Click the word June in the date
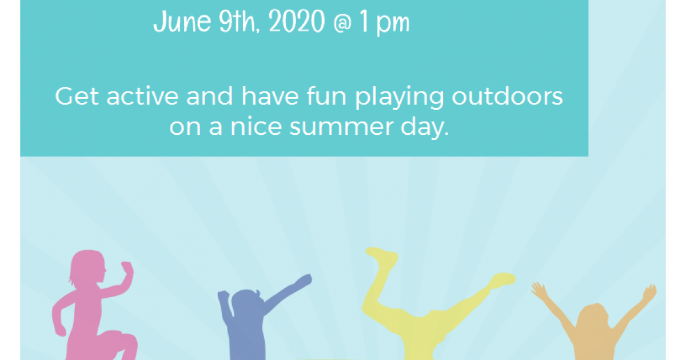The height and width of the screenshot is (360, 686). click(x=182, y=22)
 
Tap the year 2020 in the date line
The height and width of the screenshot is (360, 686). click(x=297, y=21)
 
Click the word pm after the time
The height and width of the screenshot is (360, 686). click(x=393, y=25)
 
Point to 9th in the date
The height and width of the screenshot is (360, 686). click(x=239, y=21)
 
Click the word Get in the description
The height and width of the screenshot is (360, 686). click(x=77, y=96)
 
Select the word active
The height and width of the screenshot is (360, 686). click(x=142, y=96)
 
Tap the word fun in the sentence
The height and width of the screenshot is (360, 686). click(x=328, y=95)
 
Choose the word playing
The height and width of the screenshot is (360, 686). click(x=400, y=98)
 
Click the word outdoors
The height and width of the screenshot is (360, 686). click(x=507, y=96)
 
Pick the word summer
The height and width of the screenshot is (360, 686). click(x=341, y=127)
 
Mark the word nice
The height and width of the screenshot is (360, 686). click(x=256, y=126)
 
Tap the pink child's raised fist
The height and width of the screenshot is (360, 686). click(x=127, y=267)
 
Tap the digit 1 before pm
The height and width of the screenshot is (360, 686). click(x=364, y=21)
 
